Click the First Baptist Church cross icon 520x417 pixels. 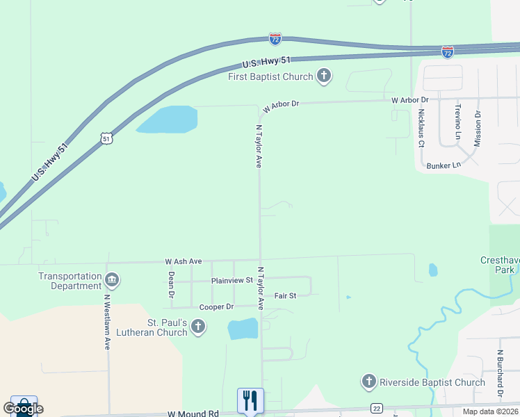pyautogui.click(x=323, y=76)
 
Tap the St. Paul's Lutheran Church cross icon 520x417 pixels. pyautogui.click(x=198, y=326)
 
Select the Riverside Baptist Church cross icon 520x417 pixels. pyautogui.click(x=369, y=382)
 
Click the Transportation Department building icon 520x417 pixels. pyautogui.click(x=111, y=281)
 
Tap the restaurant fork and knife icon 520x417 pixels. pyautogui.click(x=250, y=400)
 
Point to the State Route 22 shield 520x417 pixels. pyautogui.click(x=376, y=408)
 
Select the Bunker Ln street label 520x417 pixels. pyautogui.click(x=444, y=165)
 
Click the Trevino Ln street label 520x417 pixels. pyautogui.click(x=458, y=122)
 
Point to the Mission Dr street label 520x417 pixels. pyautogui.click(x=478, y=129)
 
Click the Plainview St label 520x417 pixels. pyautogui.click(x=232, y=280)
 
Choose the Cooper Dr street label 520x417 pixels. pyautogui.click(x=216, y=306)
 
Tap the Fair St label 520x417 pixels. pyautogui.click(x=285, y=295)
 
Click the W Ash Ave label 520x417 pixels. pyautogui.click(x=183, y=261)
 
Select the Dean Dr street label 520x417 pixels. pyautogui.click(x=171, y=285)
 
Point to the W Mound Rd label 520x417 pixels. pyautogui.click(x=193, y=413)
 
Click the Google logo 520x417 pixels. pyautogui.click(x=23, y=409)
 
